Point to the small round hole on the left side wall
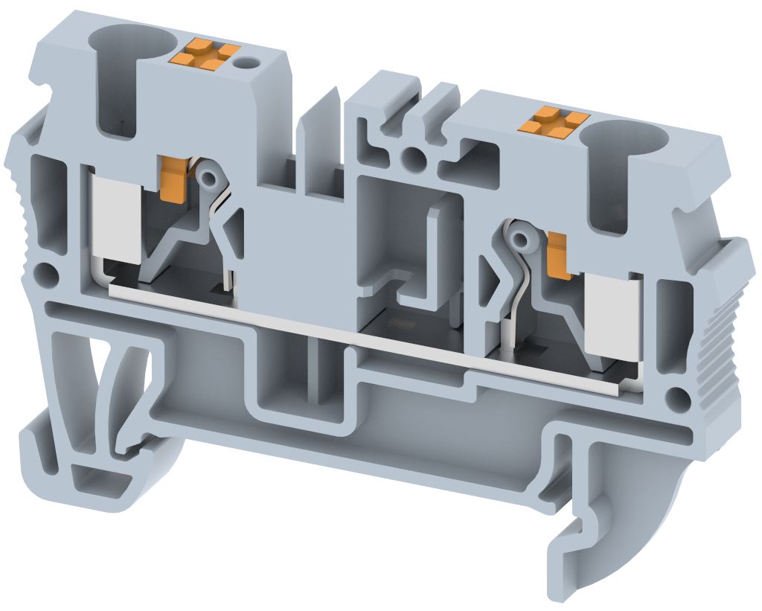coord(47,275)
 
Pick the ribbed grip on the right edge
coord(718,342)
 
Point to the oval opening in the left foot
coord(134,387)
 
